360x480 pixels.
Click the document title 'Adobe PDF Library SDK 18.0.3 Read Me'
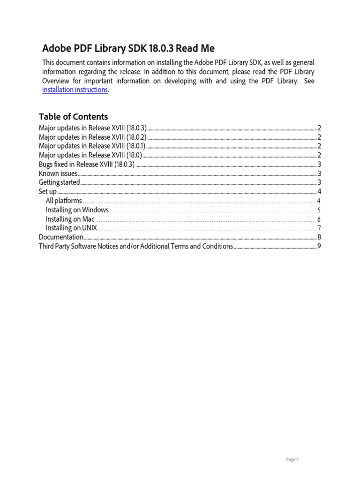[x=128, y=48]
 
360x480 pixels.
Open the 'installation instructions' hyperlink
[x=75, y=90]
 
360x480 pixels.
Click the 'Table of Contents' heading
[x=73, y=117]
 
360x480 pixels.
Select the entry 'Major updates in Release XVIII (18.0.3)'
[x=92, y=128]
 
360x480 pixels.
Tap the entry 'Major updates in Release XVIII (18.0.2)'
[x=92, y=137]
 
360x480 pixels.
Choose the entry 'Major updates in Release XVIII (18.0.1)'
[x=92, y=146]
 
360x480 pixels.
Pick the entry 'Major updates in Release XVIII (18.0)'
[x=90, y=155]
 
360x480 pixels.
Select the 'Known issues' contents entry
[x=58, y=173]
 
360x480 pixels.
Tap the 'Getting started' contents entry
[x=59, y=182]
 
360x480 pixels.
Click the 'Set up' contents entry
[x=47, y=192]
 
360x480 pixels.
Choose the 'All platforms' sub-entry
[x=64, y=201]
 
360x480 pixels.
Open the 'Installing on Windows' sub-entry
[x=77, y=210]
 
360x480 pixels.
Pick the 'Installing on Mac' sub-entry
[x=70, y=219]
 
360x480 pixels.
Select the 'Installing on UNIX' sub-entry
[x=71, y=228]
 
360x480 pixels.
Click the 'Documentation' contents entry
[x=61, y=237]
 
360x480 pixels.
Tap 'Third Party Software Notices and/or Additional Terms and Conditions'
[x=135, y=246]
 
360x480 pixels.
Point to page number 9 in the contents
[x=319, y=246]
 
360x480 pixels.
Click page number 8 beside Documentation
[x=319, y=237]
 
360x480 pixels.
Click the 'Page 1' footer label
[x=292, y=460]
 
